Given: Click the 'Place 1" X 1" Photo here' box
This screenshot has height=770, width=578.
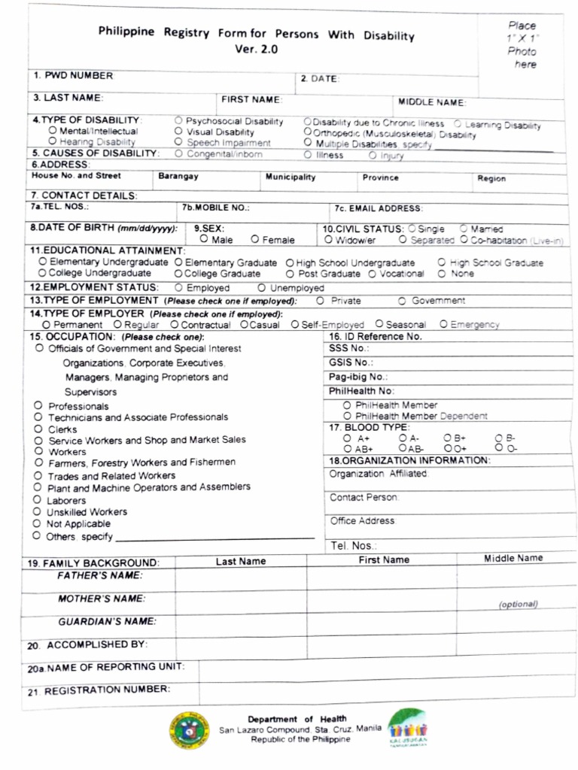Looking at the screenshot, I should pos(522,45).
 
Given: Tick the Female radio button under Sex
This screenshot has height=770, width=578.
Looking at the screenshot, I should pos(256,240).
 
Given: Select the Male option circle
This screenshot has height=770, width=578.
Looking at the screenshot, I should pos(204,240).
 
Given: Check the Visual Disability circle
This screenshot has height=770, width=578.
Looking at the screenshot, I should pos(178,132).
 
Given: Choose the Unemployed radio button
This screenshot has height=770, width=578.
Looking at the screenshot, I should pos(261,287).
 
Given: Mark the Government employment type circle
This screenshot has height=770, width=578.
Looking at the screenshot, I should pos(403,301).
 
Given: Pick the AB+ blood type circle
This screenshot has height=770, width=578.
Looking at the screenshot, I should pos(347,448).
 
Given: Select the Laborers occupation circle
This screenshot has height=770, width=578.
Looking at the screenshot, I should pos(37,499).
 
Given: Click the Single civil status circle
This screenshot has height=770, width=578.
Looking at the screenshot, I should pos(412,229).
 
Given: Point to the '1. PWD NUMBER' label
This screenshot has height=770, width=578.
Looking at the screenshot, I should pos(72,76).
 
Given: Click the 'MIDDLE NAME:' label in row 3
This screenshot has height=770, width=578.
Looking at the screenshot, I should pos(432,102).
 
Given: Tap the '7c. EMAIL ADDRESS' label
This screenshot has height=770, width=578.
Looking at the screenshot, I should pos(379,208).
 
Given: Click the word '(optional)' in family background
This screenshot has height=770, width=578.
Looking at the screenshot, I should pos(518,604).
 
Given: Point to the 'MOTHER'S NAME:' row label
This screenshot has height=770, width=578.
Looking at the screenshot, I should pos(102,599).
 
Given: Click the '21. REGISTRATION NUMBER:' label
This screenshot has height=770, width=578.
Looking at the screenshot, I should pos(99,690).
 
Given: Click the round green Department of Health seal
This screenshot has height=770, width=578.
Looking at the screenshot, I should pos(187,729).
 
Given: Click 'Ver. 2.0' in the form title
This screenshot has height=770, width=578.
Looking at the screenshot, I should pos(256,50).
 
